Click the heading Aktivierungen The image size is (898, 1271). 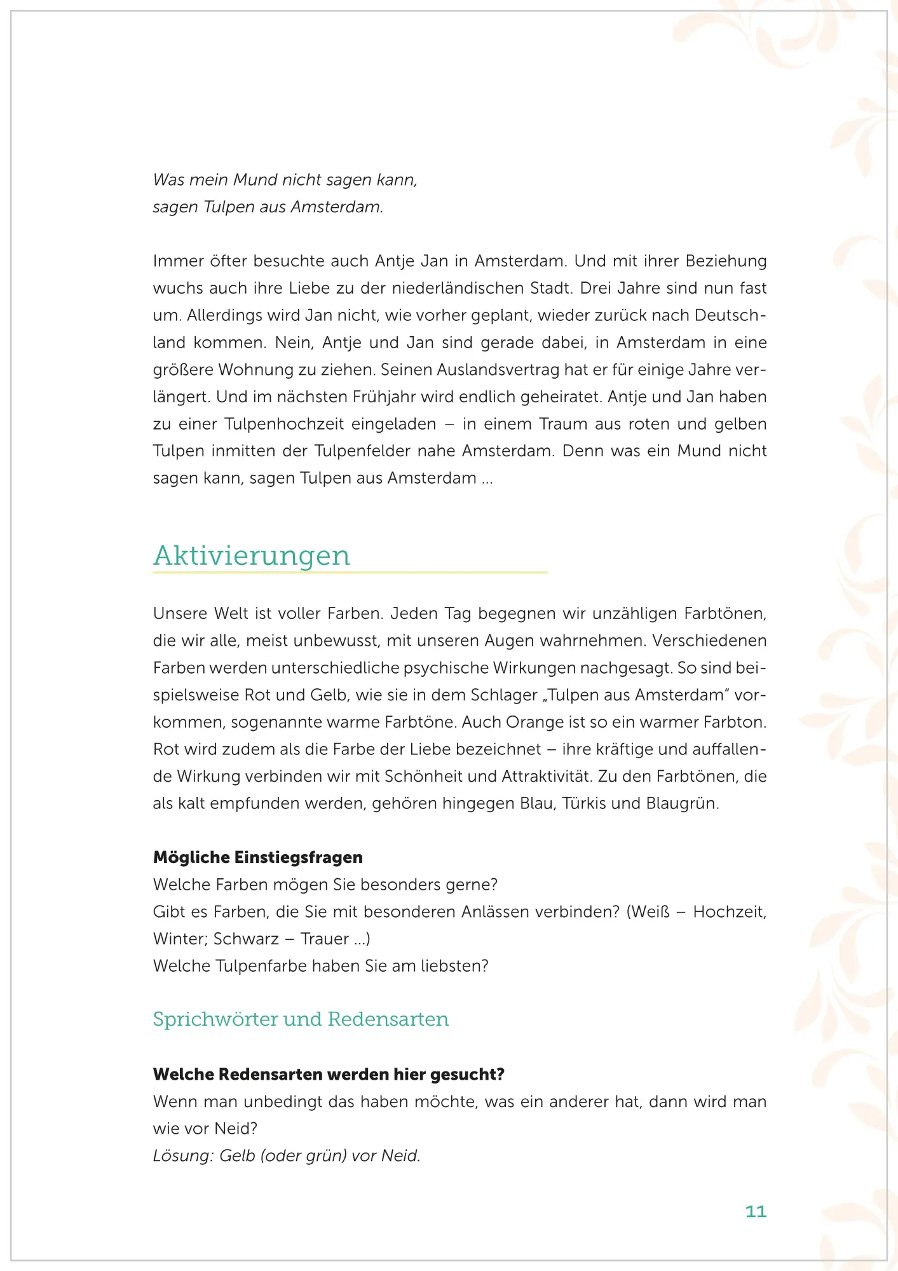click(x=252, y=555)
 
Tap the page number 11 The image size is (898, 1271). click(x=756, y=1211)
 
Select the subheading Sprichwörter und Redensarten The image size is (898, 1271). click(x=301, y=1019)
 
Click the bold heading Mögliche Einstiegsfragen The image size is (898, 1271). click(x=258, y=857)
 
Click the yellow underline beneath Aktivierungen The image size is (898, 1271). click(x=350, y=573)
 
